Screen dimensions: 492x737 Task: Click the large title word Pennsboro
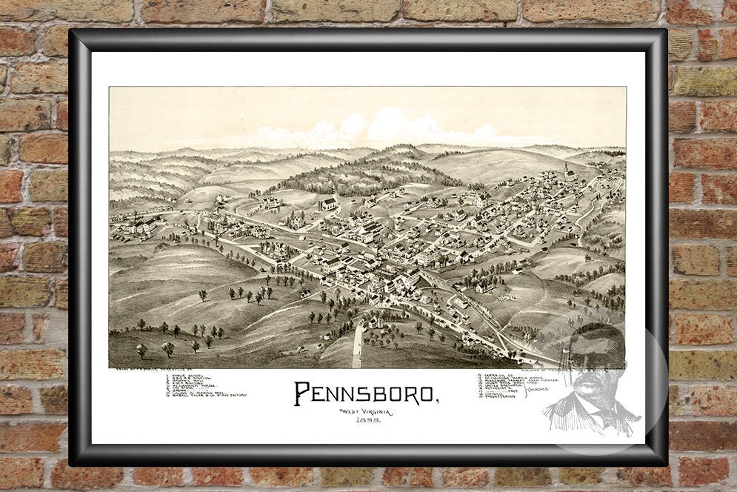(367, 393)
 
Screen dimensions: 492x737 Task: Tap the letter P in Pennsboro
(302, 393)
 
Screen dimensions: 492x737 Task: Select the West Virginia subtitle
(365, 411)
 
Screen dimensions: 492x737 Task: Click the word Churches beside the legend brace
(538, 388)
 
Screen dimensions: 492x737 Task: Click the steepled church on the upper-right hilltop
(569, 172)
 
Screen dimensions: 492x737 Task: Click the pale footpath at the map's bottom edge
(358, 345)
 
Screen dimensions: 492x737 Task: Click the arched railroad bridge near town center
(430, 279)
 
